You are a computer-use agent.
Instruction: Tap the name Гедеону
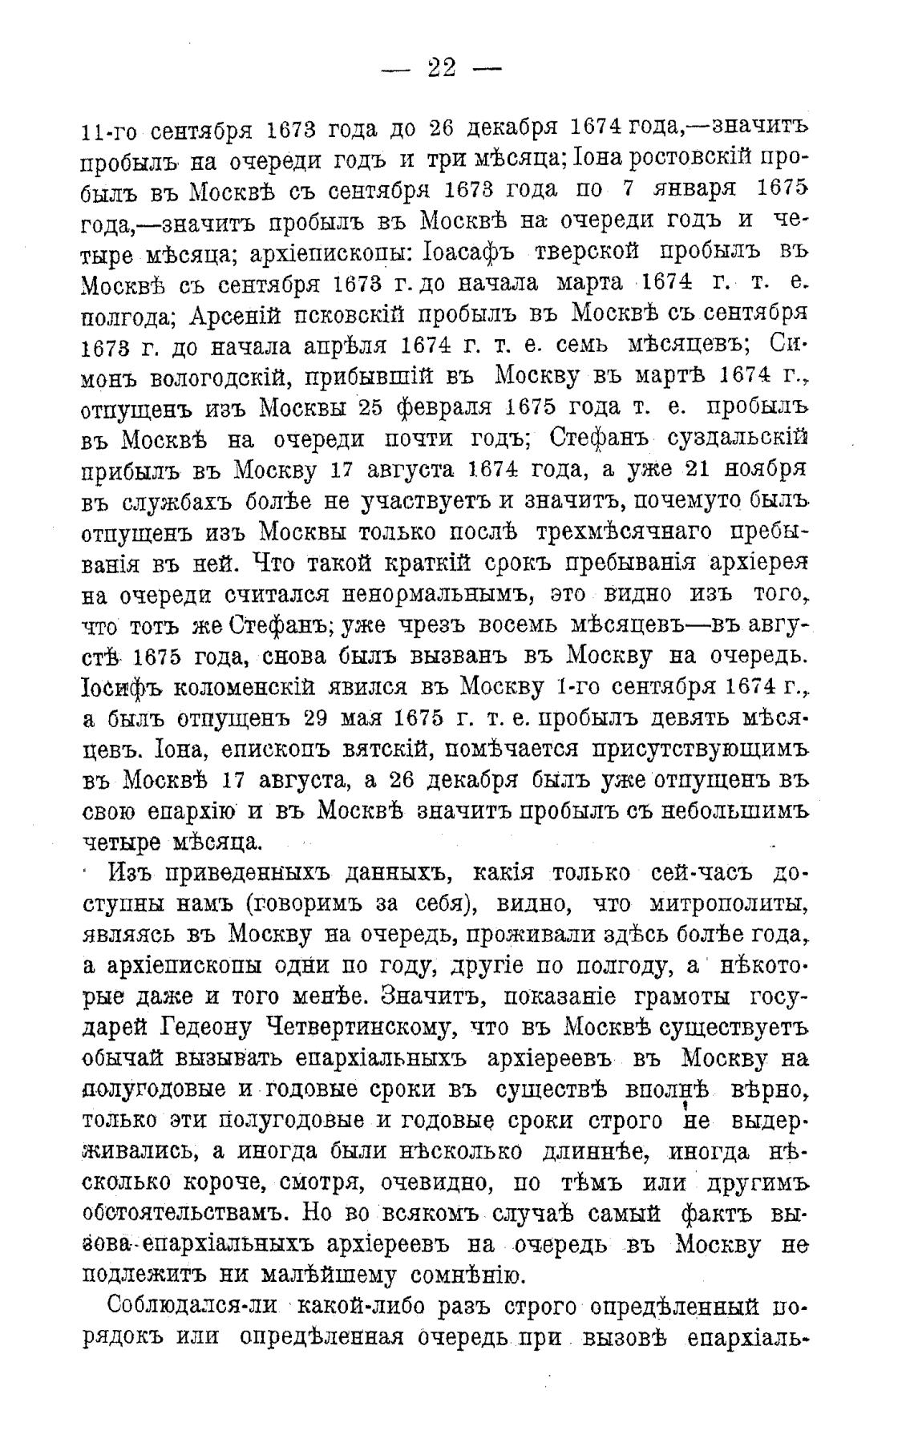[210, 1027]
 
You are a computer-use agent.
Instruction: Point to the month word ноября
[761, 468]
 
